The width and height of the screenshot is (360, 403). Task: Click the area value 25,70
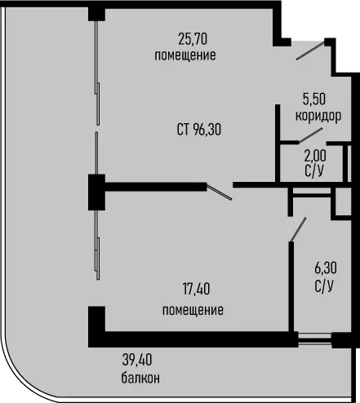coord(193,39)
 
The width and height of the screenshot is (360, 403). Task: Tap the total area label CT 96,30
coord(199,129)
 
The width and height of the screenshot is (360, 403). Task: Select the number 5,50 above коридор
coord(314,99)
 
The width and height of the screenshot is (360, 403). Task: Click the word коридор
coord(318,117)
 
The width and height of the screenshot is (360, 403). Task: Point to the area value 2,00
coord(315,156)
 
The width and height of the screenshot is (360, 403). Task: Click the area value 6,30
coord(326,268)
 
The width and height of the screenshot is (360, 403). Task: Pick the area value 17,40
coord(196,289)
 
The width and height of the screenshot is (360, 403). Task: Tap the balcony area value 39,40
coord(137,360)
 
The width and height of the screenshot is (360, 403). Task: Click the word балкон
coord(140,378)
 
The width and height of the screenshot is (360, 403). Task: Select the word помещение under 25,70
coord(185,55)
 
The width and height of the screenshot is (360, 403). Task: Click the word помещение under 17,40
coord(193,310)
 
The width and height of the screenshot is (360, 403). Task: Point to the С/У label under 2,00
coord(315,170)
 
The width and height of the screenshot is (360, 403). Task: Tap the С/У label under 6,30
coord(324,286)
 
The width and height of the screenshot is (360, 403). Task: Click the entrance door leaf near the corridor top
coord(310,50)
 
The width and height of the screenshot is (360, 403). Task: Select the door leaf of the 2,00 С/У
coord(311,135)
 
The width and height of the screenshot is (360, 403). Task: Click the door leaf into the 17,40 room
coord(220,192)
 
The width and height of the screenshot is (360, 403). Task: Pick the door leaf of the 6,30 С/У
coord(298,229)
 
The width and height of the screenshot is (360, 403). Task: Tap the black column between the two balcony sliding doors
coord(96,193)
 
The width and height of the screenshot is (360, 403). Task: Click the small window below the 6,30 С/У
coord(314,339)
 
